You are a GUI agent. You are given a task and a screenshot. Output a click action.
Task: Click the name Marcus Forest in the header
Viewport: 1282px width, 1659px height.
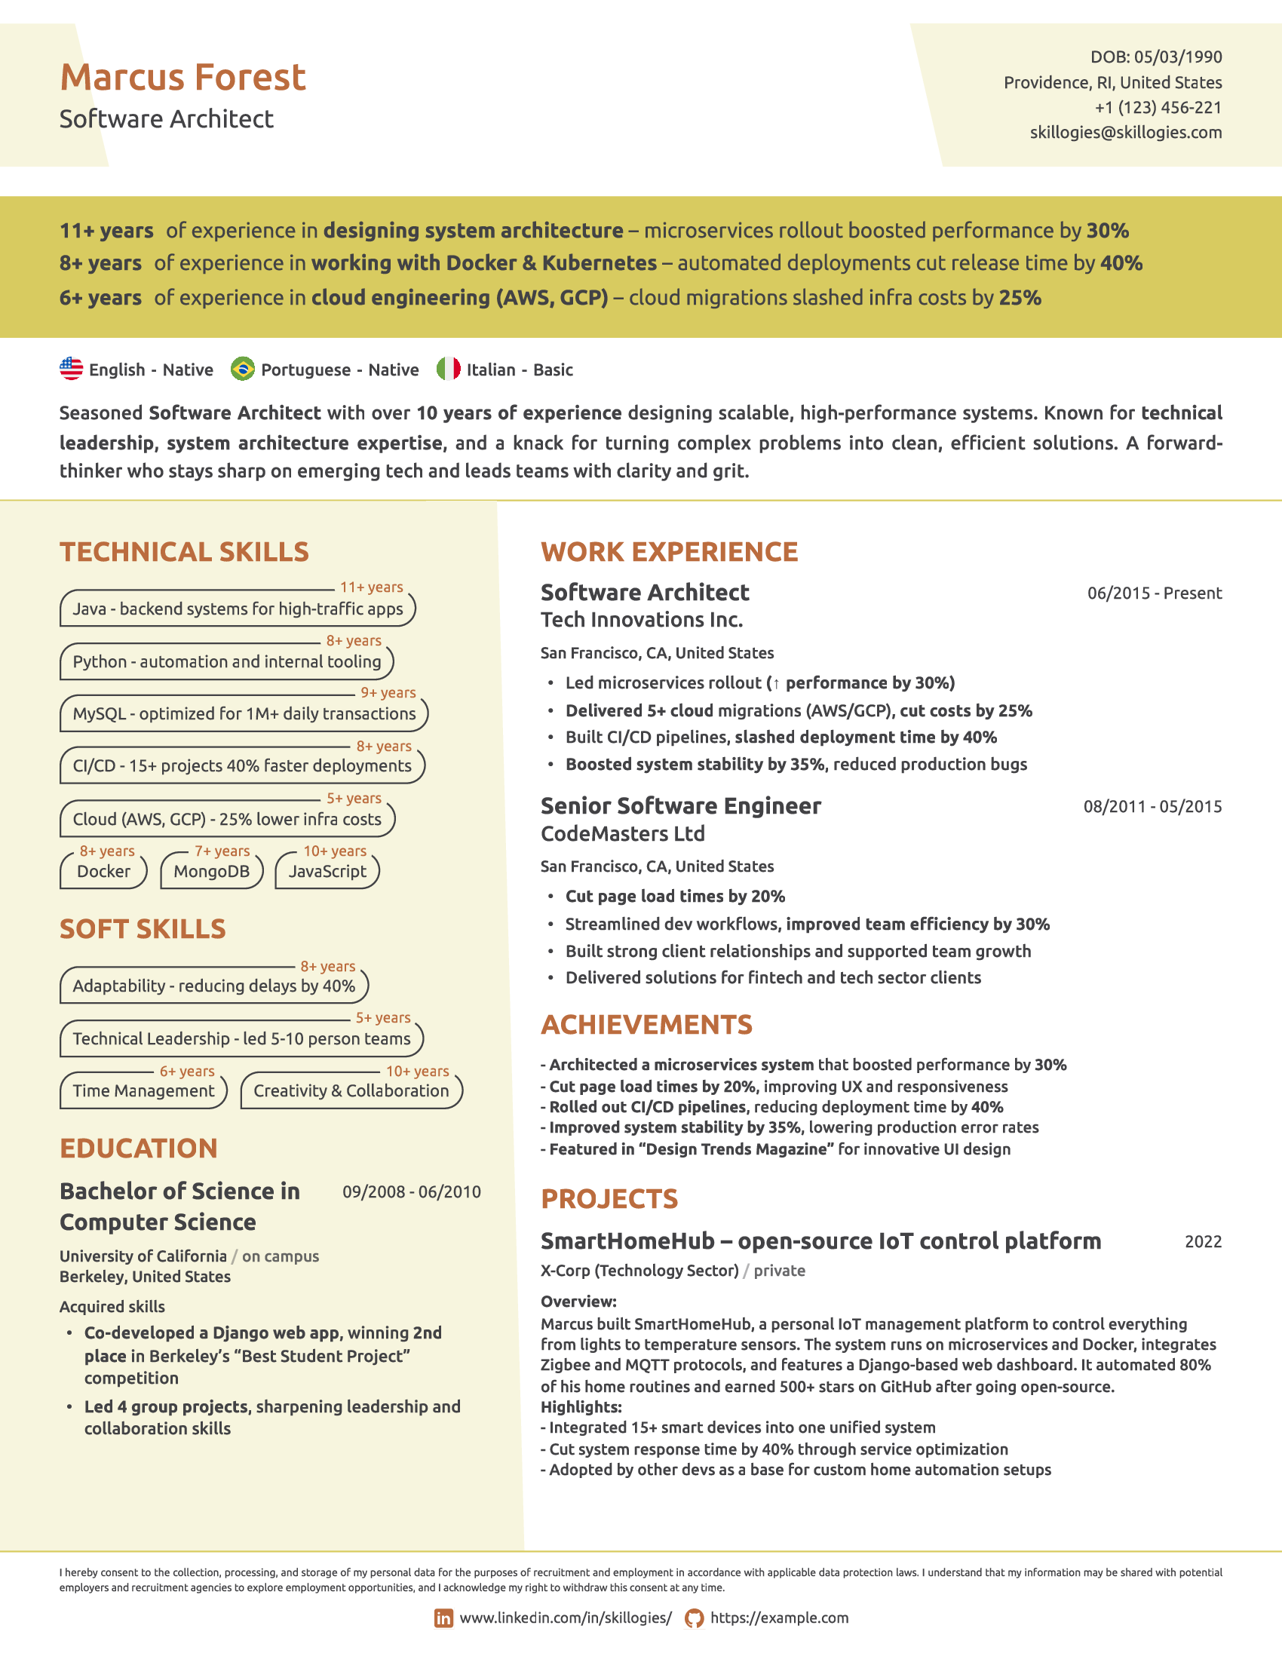182,78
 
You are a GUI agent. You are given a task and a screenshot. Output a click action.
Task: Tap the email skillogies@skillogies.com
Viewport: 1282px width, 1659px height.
1126,133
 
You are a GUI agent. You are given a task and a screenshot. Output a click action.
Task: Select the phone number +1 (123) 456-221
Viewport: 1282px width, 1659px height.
1158,108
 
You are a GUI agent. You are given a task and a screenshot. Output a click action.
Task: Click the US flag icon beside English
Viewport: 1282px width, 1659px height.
72,370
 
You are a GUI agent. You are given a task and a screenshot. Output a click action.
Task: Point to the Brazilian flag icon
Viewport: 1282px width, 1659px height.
242,370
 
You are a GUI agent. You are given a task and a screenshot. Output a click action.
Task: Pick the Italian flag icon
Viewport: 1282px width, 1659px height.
448,370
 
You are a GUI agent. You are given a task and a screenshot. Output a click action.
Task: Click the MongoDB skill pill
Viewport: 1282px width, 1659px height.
211,871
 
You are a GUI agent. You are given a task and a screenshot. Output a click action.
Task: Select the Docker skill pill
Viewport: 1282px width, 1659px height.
103,871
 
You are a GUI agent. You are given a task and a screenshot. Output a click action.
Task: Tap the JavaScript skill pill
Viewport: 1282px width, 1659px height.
327,871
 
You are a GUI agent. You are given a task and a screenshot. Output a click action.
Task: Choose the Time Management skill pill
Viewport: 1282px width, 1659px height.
143,1091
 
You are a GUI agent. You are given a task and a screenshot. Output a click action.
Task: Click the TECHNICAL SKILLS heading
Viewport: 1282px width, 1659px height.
185,552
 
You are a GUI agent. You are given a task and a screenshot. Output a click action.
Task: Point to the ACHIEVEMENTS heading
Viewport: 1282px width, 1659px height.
646,1025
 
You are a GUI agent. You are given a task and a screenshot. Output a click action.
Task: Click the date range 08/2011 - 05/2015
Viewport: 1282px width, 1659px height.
1152,807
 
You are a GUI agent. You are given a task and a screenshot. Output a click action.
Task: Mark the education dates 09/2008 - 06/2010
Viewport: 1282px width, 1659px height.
412,1191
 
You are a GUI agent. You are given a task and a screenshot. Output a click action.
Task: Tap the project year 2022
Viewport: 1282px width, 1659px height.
1203,1242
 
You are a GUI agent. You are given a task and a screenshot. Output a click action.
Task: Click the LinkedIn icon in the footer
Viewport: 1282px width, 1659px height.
443,1618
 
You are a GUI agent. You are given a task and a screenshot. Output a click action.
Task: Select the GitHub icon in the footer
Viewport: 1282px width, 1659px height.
694,1618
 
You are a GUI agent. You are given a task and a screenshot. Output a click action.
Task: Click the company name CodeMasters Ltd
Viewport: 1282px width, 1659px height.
623,834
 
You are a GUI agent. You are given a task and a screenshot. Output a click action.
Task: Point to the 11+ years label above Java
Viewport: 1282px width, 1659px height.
371,587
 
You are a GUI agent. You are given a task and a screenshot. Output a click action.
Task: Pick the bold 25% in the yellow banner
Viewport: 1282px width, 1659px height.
1020,298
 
